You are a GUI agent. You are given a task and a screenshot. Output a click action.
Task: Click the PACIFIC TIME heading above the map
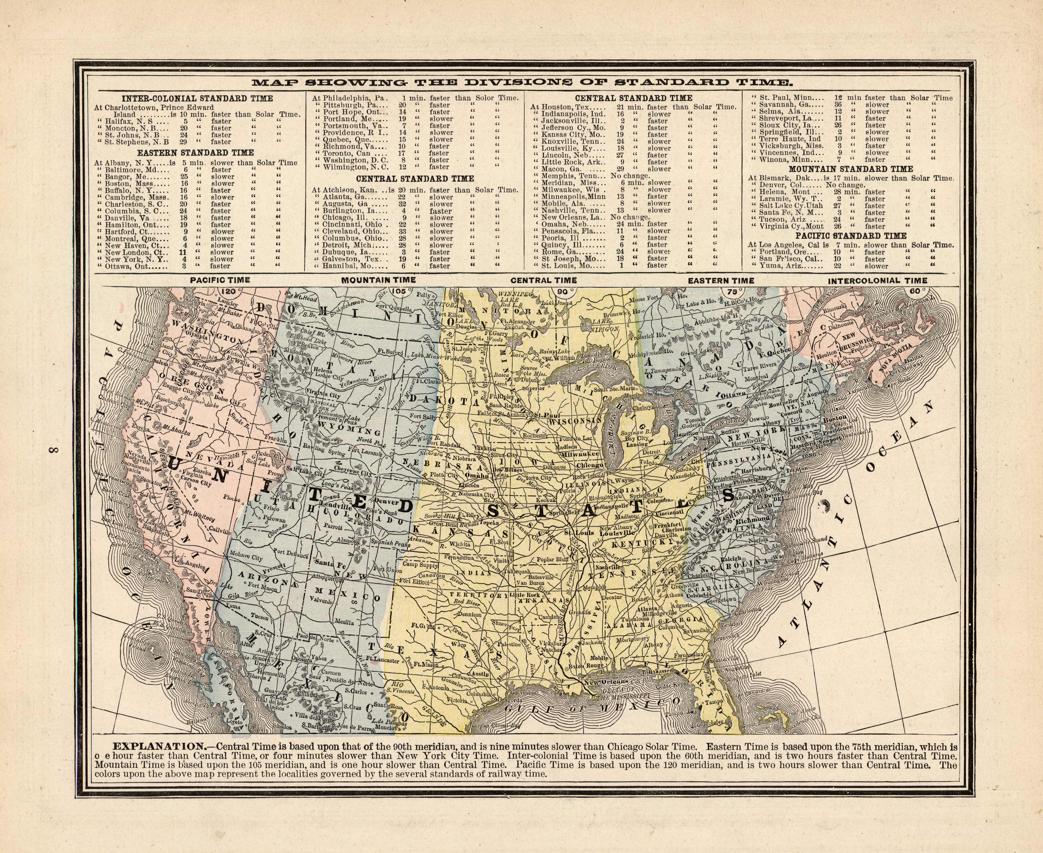point(220,280)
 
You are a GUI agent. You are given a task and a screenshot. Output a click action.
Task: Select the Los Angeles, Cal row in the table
point(850,245)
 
